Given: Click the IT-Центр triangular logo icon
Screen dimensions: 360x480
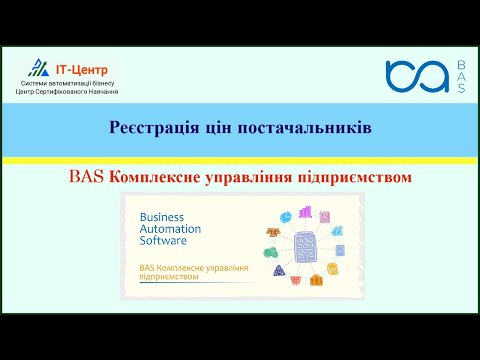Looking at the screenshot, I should click(39, 68).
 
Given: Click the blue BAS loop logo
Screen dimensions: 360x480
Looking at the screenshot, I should click(416, 76).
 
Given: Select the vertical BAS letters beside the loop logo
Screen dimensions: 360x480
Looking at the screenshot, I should click(461, 76).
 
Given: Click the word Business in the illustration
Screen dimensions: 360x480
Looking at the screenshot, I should click(162, 216).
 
